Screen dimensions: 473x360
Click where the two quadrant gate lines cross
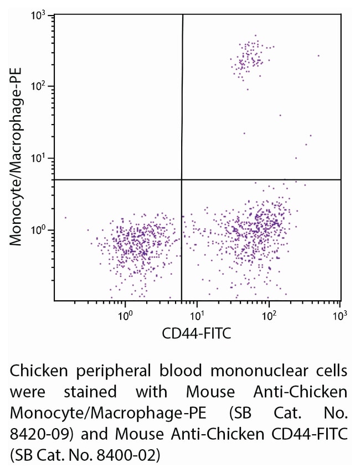182,179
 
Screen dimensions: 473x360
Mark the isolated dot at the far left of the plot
65,218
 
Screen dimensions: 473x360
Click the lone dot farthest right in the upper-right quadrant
318,55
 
